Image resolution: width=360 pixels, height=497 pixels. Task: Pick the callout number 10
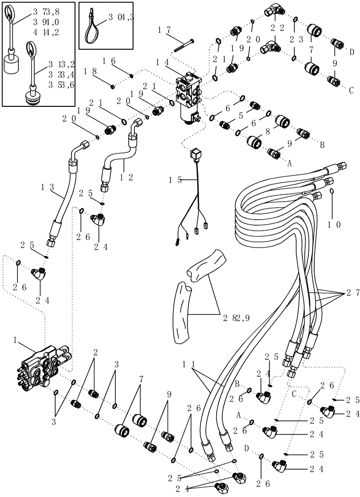pyautogui.click(x=334, y=224)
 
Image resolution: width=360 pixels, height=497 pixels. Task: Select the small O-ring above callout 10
pyautogui.click(x=332, y=192)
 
